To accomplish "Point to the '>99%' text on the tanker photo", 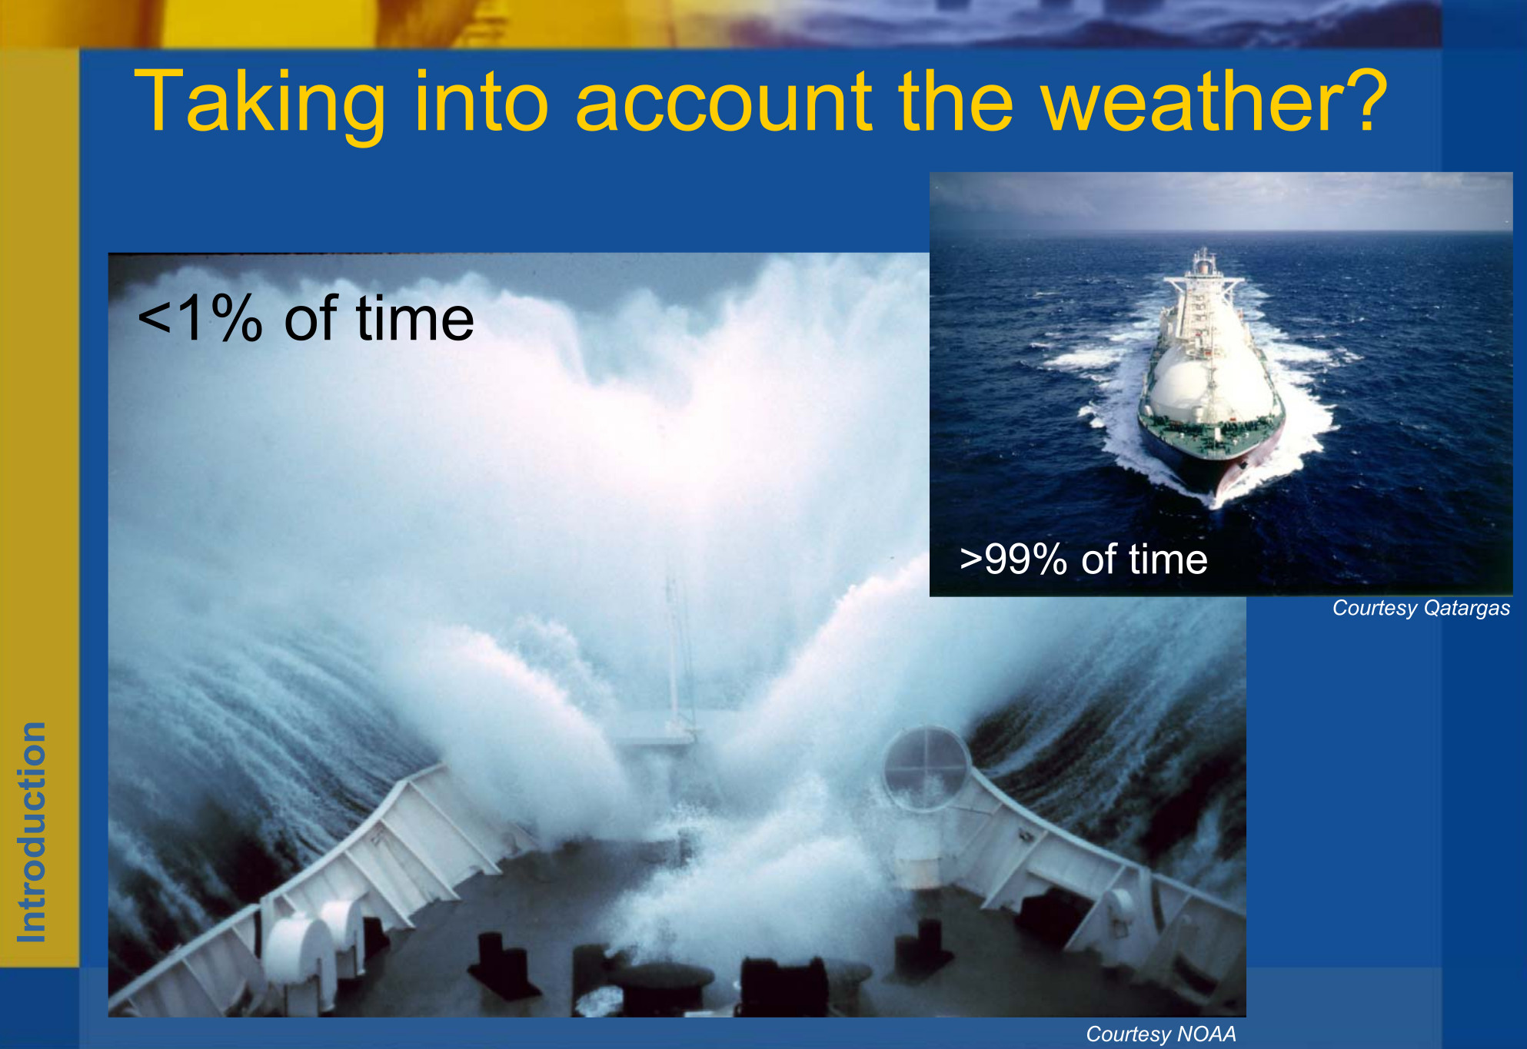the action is (x=1013, y=559).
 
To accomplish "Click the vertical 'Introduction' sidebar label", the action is (x=32, y=832).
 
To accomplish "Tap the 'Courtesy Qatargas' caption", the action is (x=1421, y=608).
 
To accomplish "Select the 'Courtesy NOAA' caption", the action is (x=1161, y=1034).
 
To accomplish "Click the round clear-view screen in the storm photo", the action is (x=927, y=768).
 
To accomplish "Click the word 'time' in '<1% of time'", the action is (x=414, y=318).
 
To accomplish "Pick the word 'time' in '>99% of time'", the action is (x=1168, y=559).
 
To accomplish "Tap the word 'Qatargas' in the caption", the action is (x=1467, y=608).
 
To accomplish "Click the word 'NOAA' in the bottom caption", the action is (x=1207, y=1034).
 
